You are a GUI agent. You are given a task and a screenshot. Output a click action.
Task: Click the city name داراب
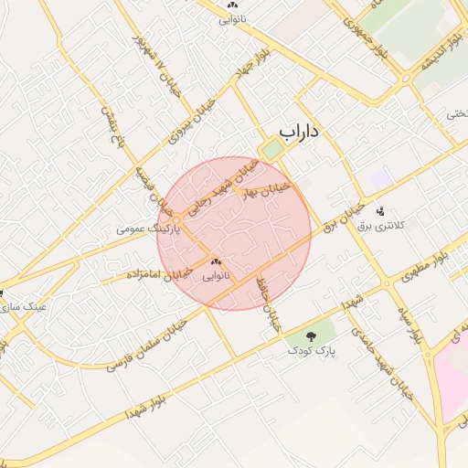tap(299, 132)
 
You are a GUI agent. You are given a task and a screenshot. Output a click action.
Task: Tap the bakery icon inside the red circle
tap(216, 261)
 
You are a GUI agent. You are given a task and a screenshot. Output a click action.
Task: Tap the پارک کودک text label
tap(313, 350)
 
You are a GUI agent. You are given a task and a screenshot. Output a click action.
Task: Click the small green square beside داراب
tap(271, 149)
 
